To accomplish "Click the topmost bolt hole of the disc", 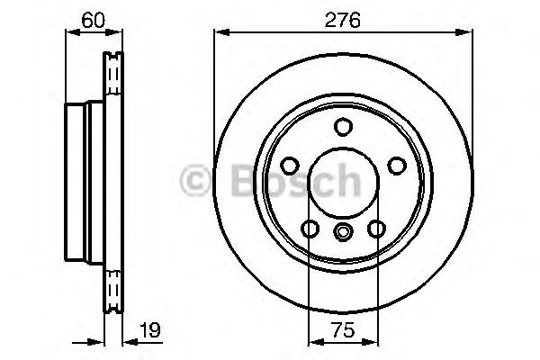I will tap(343, 127).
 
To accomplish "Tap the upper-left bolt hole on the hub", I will tap(290, 166).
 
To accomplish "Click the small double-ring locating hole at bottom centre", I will tap(343, 233).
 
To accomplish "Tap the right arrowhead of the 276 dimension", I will tap(466, 33).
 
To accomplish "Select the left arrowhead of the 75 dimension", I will tap(313, 342).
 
